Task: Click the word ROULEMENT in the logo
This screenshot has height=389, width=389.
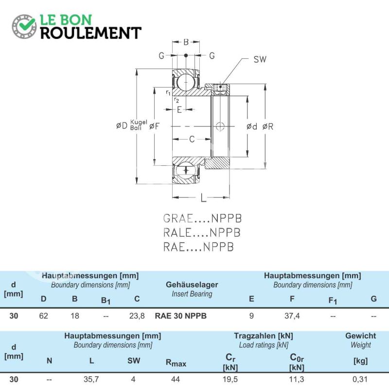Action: pos(91,33)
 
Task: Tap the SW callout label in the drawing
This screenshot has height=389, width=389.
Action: pos(260,59)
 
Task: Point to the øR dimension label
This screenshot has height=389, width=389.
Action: pos(268,126)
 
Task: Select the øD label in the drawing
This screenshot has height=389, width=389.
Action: pos(122,125)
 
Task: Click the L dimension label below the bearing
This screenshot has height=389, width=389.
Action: pos(203,198)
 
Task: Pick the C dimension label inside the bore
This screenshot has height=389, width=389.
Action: pos(192,139)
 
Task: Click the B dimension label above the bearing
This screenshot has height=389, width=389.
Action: pos(186,42)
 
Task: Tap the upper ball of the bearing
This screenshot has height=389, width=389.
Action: pos(186,82)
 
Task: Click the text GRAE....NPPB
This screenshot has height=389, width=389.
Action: pos(202,218)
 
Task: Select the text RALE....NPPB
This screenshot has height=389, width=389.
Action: pos(202,233)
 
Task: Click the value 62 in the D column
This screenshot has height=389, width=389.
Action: pos(43,316)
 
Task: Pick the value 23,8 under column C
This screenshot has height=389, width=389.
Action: pos(137,316)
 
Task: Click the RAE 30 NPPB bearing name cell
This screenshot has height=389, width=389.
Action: pos(180,316)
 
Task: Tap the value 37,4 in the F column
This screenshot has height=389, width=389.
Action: pos(292,316)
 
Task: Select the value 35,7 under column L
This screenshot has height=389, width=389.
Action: pos(91,379)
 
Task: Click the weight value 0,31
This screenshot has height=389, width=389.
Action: pos(360,379)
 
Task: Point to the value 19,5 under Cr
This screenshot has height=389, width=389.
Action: pos(230,379)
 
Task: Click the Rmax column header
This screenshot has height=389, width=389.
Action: pos(176,363)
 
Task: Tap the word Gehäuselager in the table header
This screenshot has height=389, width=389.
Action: pos(192,284)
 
